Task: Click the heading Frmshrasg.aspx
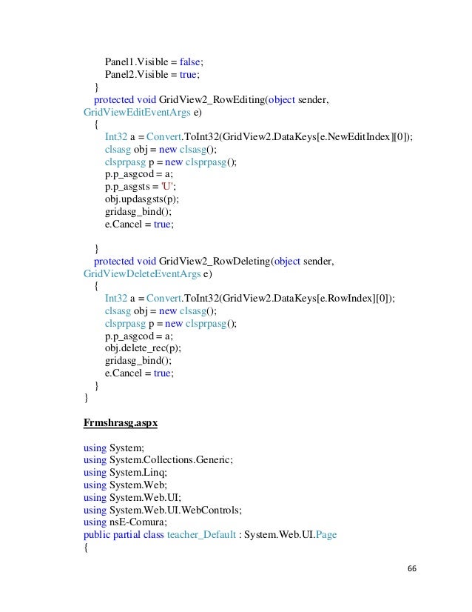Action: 120,424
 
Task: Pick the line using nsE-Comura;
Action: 134,522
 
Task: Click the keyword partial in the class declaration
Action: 129,534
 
